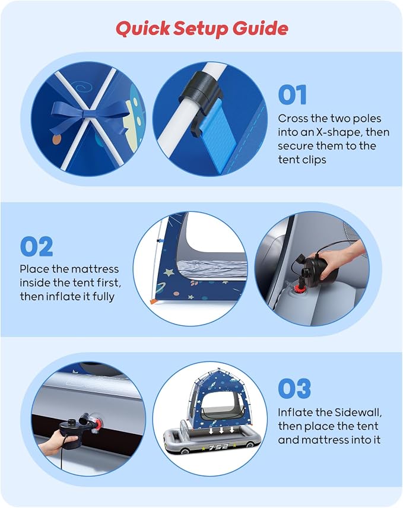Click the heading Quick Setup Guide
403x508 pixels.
tap(202, 28)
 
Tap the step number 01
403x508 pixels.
tap(292, 94)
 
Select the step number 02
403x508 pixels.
tap(36, 246)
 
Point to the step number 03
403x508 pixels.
tap(294, 388)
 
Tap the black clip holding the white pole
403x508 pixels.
tap(200, 87)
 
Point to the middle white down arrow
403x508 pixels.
tap(221, 430)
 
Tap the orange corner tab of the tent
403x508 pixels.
tap(153, 301)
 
